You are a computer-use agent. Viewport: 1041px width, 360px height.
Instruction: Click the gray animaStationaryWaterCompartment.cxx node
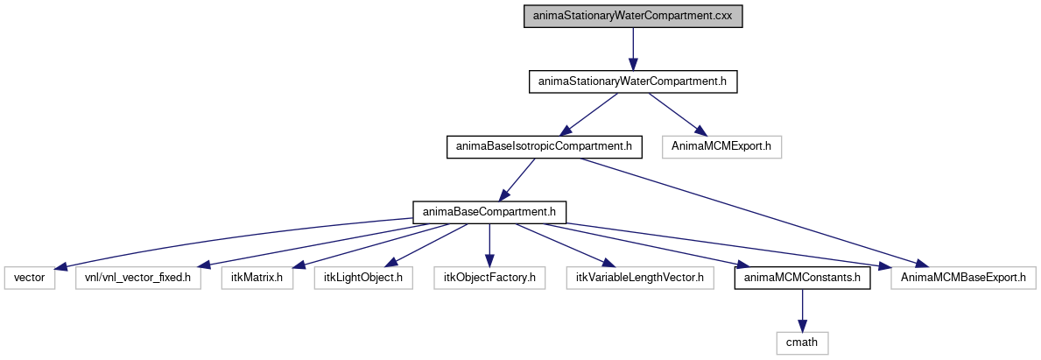click(633, 16)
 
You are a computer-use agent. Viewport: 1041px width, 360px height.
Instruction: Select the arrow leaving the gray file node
click(633, 48)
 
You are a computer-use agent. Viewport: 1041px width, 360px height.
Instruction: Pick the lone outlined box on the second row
click(721, 147)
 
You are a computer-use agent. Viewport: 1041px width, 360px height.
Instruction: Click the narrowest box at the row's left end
click(30, 278)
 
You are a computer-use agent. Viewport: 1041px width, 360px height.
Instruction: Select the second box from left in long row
click(138, 278)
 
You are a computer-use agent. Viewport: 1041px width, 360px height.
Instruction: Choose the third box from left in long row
click(257, 278)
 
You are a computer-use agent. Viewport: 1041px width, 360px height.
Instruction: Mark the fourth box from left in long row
click(362, 278)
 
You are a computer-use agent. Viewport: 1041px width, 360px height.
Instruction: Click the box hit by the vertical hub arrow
click(489, 278)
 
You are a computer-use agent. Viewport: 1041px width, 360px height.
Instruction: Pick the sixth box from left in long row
click(639, 278)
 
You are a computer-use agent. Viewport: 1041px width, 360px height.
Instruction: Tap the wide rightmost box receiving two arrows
click(963, 278)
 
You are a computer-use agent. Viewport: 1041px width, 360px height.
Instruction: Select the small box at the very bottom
click(802, 343)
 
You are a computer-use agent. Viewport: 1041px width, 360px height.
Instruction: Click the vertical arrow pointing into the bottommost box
click(802, 310)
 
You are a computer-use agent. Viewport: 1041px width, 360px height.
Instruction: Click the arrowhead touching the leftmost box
click(61, 268)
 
